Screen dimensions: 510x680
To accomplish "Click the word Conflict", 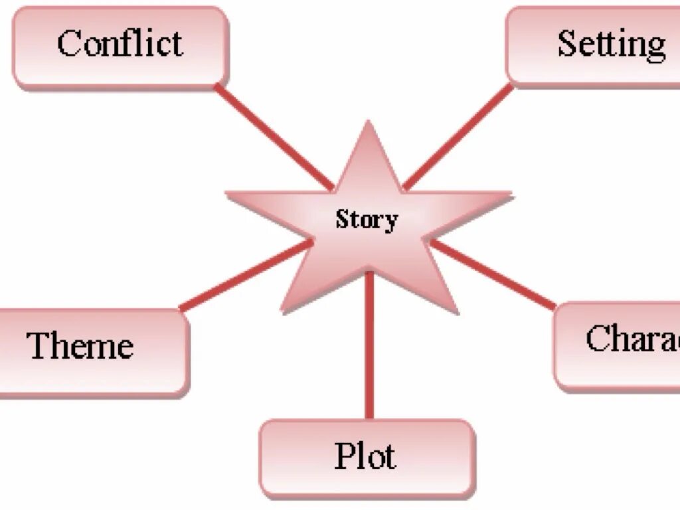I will [120, 43].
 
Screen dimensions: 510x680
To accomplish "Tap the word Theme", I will [80, 345].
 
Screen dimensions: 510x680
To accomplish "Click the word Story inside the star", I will [367, 219].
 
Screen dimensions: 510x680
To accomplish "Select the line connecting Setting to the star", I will [458, 137].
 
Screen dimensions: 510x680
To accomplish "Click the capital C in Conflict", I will [68, 44].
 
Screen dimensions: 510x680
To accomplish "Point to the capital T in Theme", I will [39, 345].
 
